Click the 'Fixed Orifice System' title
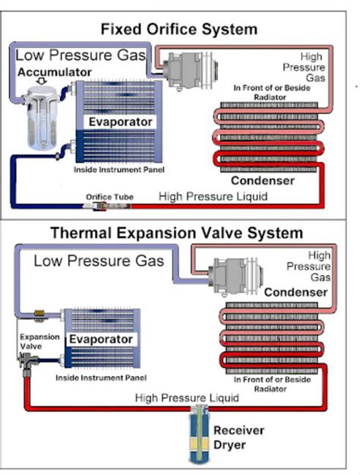[x=179, y=30]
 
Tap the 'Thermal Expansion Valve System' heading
[x=177, y=233]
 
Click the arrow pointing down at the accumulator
[x=42, y=81]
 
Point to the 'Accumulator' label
[x=55, y=72]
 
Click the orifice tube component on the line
[x=107, y=206]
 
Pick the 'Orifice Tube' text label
[x=109, y=197]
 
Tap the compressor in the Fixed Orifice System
[x=190, y=71]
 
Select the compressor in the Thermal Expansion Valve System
[x=235, y=275]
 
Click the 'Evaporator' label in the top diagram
[x=120, y=122]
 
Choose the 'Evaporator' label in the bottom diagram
[x=101, y=339]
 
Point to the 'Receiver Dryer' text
[x=239, y=438]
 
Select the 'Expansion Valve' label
[x=39, y=341]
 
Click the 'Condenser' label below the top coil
[x=263, y=181]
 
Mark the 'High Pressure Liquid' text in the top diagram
[x=213, y=196]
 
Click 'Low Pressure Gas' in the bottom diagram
[x=99, y=261]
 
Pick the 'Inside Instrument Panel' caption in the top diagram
[x=119, y=169]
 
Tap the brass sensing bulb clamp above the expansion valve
[x=39, y=315]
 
